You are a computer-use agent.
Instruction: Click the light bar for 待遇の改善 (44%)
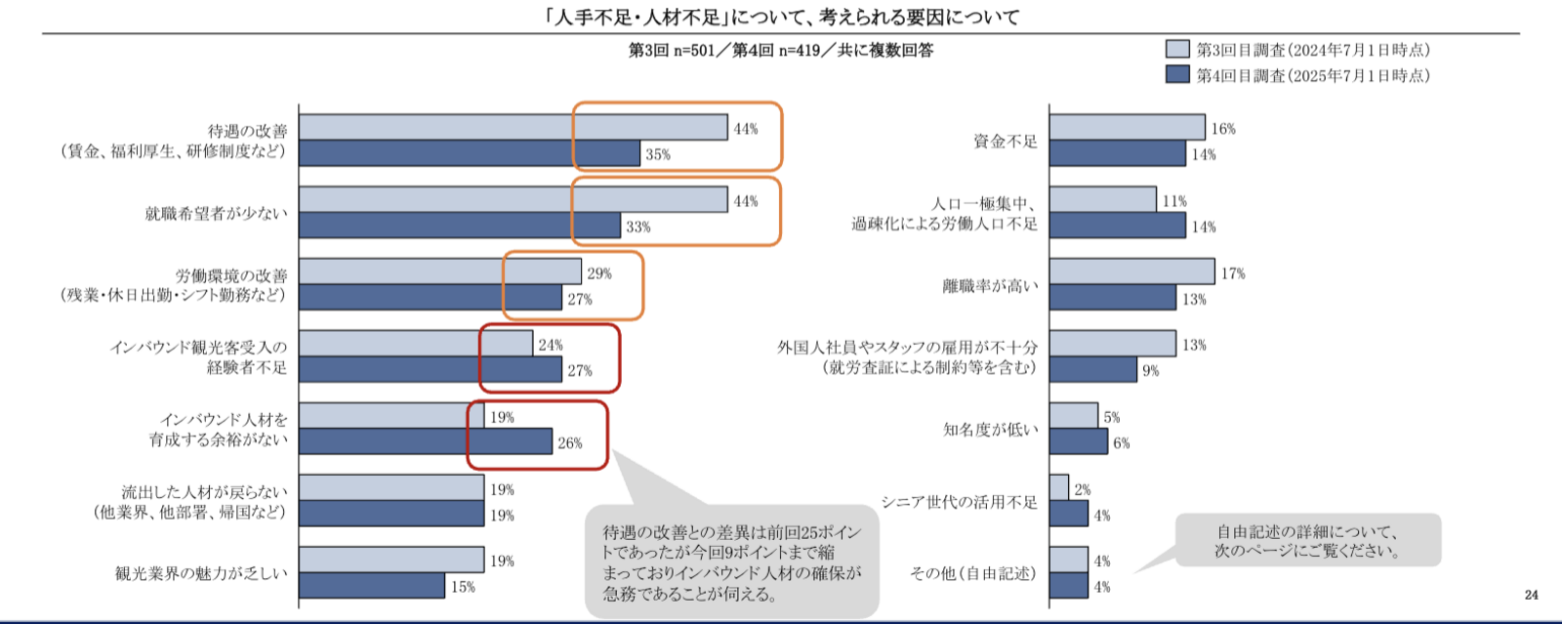pyautogui.click(x=513, y=128)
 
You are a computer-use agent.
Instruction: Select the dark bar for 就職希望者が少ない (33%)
pyautogui.click(x=460, y=226)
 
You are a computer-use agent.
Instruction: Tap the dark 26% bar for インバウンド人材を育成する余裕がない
pyautogui.click(x=426, y=442)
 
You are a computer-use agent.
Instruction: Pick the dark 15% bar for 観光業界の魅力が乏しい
pyautogui.click(x=372, y=586)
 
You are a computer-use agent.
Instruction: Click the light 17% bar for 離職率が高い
pyautogui.click(x=1131, y=272)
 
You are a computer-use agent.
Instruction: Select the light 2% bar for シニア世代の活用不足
pyautogui.click(x=1059, y=488)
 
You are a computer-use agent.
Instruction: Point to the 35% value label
pyautogui.click(x=657, y=154)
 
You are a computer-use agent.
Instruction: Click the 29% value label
pyautogui.click(x=598, y=273)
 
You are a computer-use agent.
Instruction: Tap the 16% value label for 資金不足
pyautogui.click(x=1222, y=129)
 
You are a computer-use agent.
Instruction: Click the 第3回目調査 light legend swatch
pyautogui.click(x=1177, y=50)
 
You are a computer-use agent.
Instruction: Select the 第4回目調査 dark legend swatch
pyautogui.click(x=1177, y=75)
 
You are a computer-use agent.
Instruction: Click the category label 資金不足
pyautogui.click(x=1005, y=142)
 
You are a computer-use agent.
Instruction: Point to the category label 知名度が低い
pyautogui.click(x=990, y=430)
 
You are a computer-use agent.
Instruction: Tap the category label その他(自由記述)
pyautogui.click(x=972, y=573)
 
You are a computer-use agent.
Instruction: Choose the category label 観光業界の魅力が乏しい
pyautogui.click(x=201, y=573)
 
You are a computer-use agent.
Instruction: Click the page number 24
pyautogui.click(x=1531, y=595)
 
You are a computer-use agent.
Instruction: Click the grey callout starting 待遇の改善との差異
pyautogui.click(x=731, y=562)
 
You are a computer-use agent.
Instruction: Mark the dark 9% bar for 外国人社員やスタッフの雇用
pyautogui.click(x=1092, y=370)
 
